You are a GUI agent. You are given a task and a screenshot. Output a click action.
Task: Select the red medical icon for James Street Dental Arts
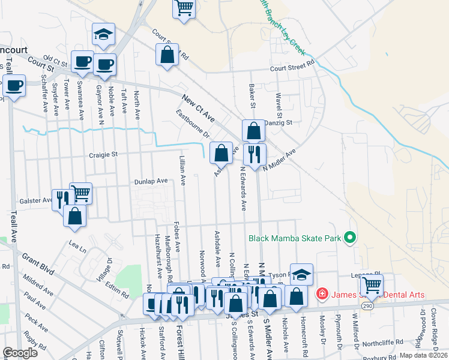(x=322, y=294)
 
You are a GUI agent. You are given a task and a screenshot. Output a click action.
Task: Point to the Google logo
(x=20, y=353)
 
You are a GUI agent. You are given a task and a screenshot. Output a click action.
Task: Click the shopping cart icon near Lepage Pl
(x=372, y=285)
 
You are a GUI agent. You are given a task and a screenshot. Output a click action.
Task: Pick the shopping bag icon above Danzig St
(x=254, y=130)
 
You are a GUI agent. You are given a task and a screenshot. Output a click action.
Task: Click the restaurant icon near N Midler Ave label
(x=255, y=154)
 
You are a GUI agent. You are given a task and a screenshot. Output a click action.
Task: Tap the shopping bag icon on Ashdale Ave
(x=221, y=152)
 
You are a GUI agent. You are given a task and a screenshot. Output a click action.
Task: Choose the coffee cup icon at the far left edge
(x=14, y=85)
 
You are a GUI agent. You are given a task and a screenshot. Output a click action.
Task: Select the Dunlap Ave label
(x=150, y=181)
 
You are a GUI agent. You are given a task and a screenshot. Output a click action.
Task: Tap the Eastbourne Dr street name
(x=192, y=122)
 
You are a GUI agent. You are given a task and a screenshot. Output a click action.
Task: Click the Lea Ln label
(x=78, y=245)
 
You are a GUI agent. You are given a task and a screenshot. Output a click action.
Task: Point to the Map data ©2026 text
(x=424, y=355)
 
